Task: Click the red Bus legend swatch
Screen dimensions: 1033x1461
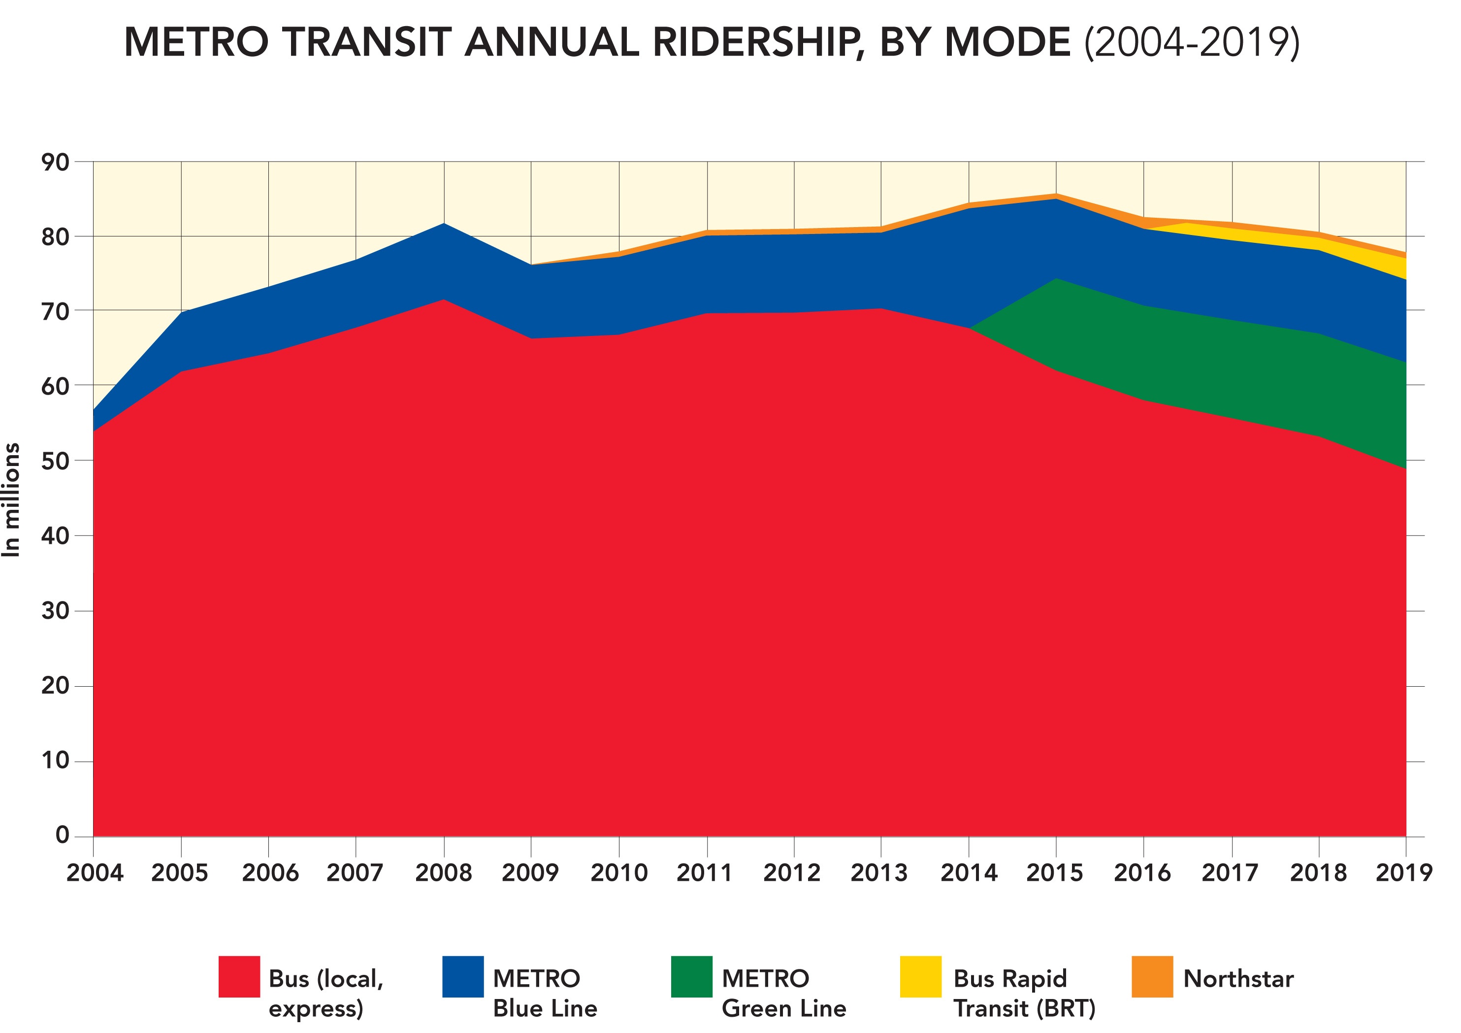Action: tap(239, 976)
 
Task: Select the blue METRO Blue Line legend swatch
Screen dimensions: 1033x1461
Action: tap(462, 976)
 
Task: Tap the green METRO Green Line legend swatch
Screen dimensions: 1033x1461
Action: tap(692, 976)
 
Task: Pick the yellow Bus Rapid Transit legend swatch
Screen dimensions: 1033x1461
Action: tap(920, 976)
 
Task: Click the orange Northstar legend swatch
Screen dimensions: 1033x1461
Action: tap(1152, 976)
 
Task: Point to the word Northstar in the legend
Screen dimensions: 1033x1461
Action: tap(1237, 978)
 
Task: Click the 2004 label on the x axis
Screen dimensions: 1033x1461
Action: tap(95, 872)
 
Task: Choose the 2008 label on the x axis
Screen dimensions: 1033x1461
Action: tap(444, 872)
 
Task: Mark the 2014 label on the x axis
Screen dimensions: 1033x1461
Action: tap(969, 872)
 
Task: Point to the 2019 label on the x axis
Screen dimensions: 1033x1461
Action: tap(1404, 872)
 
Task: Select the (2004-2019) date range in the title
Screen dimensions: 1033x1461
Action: tap(1192, 43)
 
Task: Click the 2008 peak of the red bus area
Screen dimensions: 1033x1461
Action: tap(444, 300)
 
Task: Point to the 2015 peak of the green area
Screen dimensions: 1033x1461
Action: tap(1056, 279)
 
